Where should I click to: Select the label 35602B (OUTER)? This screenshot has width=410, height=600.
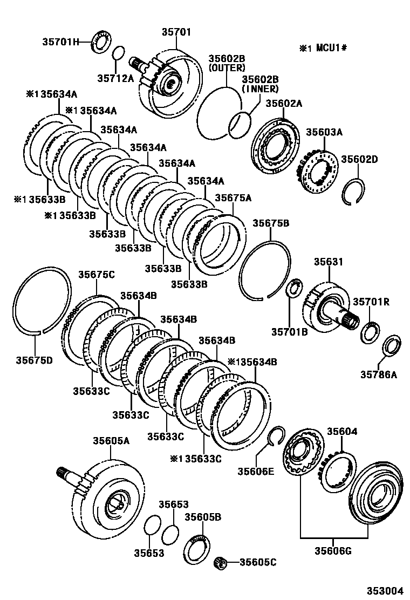click(x=227, y=63)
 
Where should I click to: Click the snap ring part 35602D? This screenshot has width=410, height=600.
click(x=353, y=190)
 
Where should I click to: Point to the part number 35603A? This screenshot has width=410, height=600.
click(x=324, y=132)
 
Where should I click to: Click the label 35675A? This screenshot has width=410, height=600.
click(x=233, y=198)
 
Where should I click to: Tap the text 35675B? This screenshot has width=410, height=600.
click(x=271, y=223)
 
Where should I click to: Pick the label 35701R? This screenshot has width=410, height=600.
click(x=371, y=302)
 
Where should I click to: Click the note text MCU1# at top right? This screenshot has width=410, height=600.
click(x=331, y=48)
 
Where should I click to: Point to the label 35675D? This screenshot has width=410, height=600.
click(x=35, y=360)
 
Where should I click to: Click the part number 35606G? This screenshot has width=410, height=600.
click(x=333, y=551)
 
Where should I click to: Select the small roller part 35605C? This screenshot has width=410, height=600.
click(x=220, y=562)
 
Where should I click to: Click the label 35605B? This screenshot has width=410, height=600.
click(x=203, y=517)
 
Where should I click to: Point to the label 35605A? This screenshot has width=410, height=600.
click(x=111, y=441)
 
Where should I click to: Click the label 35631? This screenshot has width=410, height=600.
click(x=329, y=262)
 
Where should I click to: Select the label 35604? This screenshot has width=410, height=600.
click(x=342, y=432)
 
